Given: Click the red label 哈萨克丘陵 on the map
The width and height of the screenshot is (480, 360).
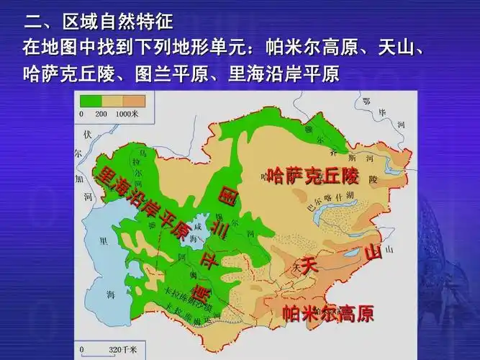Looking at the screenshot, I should pyautogui.click(x=312, y=175).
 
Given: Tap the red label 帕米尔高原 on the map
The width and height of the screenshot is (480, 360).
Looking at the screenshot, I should pyautogui.click(x=327, y=314).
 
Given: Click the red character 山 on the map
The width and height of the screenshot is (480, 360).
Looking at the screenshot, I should pyautogui.click(x=371, y=253).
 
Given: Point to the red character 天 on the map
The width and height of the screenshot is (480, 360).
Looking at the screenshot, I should pyautogui.click(x=309, y=264).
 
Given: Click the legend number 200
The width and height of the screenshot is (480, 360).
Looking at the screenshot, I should pyautogui.click(x=101, y=114).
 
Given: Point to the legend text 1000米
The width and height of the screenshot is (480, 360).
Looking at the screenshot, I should pyautogui.click(x=128, y=114).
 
